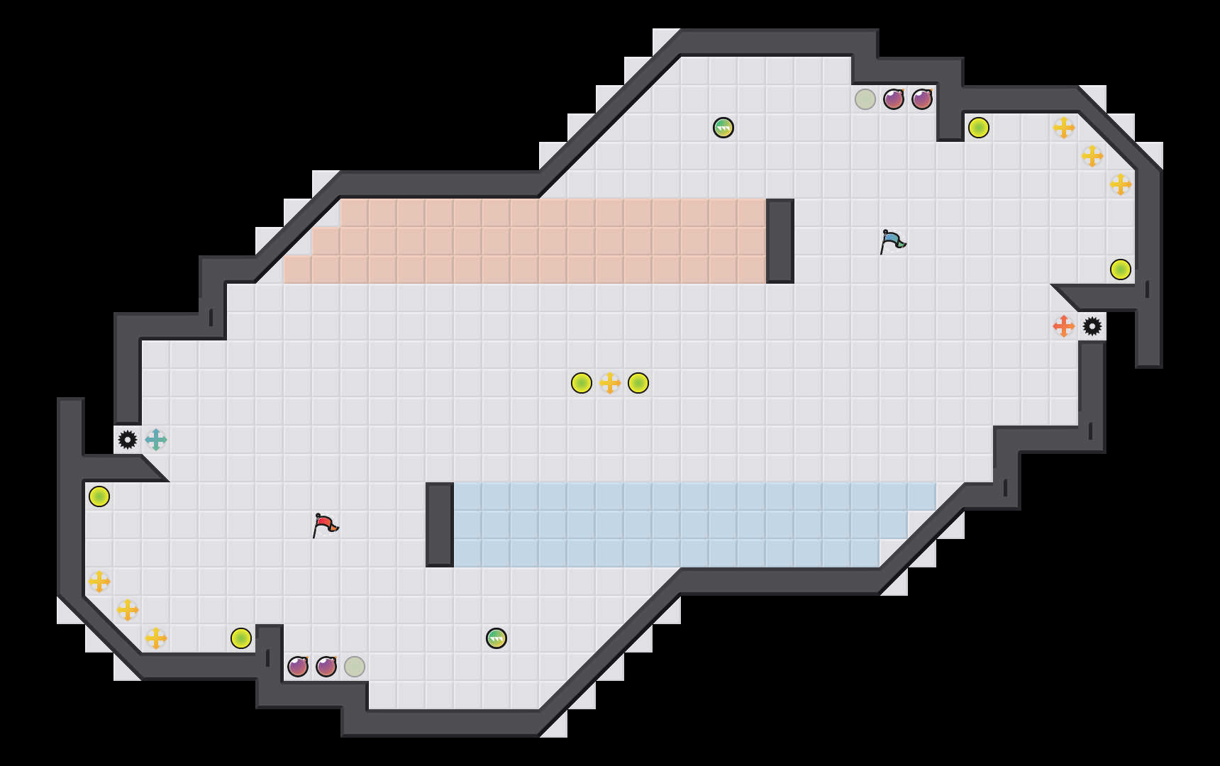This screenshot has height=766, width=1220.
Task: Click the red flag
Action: click(324, 525)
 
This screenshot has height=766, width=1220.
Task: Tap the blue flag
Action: click(892, 241)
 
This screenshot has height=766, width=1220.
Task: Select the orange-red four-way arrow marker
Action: click(1063, 326)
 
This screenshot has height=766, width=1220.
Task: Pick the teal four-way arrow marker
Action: click(156, 440)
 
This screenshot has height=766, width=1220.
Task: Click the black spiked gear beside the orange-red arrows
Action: click(1092, 326)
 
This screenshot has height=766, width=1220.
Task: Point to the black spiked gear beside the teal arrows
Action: click(128, 440)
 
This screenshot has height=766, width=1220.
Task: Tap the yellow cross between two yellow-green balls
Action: click(610, 383)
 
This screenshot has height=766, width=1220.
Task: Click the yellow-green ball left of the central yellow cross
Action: click(582, 383)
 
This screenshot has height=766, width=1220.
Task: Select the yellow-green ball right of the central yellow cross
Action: click(638, 383)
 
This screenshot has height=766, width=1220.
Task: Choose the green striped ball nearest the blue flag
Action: click(723, 128)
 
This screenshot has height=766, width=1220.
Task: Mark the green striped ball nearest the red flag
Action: click(497, 638)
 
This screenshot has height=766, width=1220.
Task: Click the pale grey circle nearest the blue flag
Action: click(865, 99)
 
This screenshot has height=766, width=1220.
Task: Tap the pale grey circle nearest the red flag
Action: click(355, 667)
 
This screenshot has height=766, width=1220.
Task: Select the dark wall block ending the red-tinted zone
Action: click(780, 241)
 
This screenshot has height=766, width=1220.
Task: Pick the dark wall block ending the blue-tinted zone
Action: click(440, 525)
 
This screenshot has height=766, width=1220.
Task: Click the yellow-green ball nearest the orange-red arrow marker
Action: click(1121, 270)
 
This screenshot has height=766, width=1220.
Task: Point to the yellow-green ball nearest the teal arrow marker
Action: click(99, 496)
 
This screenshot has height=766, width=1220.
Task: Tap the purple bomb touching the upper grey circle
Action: click(894, 99)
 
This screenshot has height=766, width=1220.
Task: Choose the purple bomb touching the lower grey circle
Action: click(326, 667)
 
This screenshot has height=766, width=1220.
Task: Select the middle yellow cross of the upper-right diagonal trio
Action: click(1092, 156)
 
